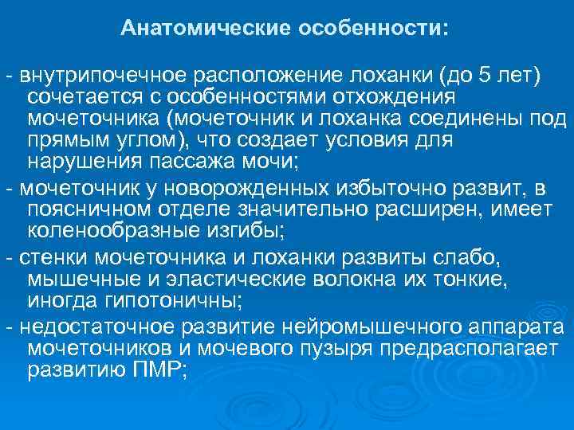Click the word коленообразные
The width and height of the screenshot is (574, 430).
point(104,233)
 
